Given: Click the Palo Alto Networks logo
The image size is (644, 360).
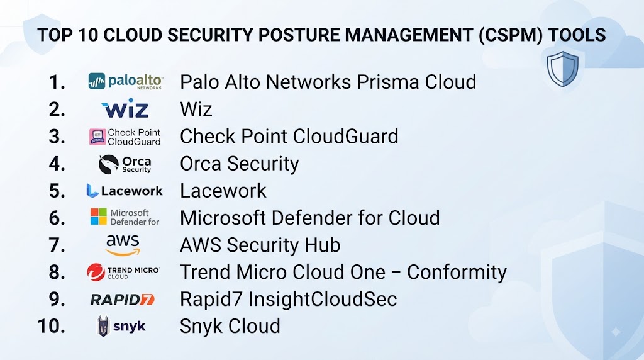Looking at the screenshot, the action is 125,81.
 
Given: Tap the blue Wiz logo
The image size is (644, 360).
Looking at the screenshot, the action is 125,108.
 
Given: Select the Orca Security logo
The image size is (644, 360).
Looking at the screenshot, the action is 125,164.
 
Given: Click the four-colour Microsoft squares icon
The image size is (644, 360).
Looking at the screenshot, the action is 99,217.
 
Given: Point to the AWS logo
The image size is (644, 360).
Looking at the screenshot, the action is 123,245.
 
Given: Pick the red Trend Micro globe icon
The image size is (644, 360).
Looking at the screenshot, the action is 96,272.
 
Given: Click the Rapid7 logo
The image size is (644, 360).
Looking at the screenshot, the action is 123,299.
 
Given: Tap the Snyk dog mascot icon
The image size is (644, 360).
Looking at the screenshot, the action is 103,326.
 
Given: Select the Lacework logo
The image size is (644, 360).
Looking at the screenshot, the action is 125,191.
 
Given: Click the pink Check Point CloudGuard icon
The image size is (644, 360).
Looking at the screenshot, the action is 97,137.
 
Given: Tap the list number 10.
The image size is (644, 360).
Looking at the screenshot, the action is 52,326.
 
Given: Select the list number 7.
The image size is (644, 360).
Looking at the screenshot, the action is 57,245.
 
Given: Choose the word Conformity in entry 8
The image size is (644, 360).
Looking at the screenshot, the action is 457,273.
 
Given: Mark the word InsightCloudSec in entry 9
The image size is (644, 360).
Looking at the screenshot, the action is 323,299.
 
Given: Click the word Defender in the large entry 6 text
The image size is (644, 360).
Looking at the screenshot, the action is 311,218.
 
